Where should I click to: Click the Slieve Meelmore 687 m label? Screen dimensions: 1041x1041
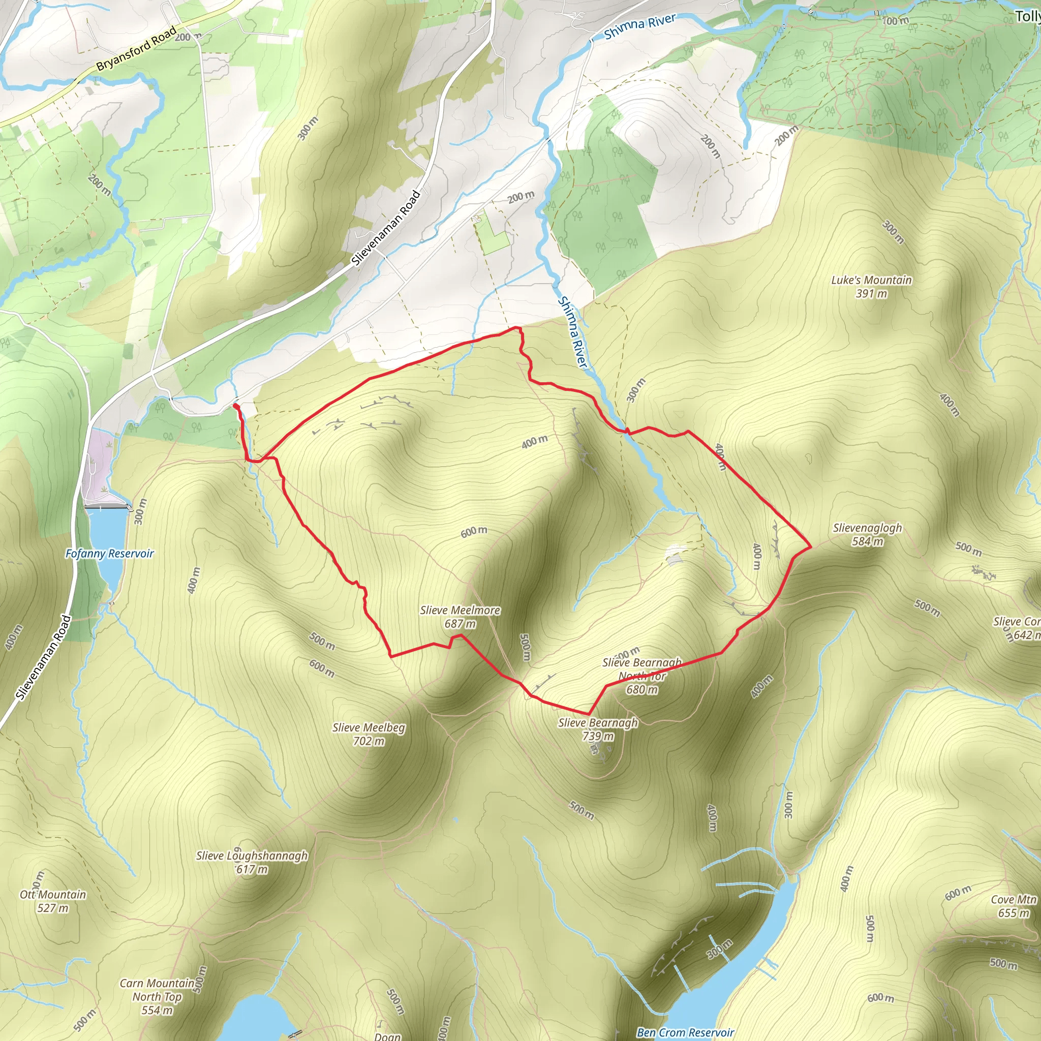(x=460, y=617)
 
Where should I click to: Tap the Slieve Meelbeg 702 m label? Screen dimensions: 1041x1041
(x=369, y=734)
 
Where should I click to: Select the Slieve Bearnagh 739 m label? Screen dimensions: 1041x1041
(x=598, y=729)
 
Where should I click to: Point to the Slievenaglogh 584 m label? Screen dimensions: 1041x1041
(x=867, y=535)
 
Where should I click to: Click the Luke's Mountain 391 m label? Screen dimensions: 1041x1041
(x=871, y=287)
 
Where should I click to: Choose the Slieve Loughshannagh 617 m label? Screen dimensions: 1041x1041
(x=252, y=862)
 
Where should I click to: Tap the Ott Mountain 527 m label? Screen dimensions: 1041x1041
(x=53, y=901)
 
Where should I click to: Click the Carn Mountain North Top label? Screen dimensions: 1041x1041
(x=157, y=996)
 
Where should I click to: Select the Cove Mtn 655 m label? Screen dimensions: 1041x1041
(x=1014, y=906)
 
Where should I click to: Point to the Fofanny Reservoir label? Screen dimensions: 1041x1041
(x=109, y=554)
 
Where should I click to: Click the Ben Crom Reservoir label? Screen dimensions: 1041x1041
(x=685, y=1032)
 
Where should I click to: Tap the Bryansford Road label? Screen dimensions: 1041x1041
(x=136, y=49)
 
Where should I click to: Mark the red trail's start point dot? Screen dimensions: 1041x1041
(x=235, y=405)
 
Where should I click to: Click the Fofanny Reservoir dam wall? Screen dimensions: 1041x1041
(x=107, y=507)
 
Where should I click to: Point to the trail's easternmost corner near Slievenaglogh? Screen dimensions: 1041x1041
(x=811, y=547)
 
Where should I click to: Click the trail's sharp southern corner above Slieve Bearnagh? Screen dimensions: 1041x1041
(x=589, y=715)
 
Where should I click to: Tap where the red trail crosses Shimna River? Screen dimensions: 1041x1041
(x=626, y=431)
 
